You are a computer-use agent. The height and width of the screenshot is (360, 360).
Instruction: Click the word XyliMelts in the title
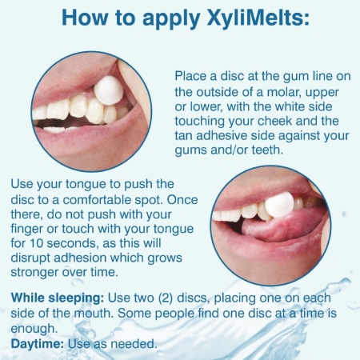[258, 18]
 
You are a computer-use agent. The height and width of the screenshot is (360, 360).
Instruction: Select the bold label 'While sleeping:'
[58, 298]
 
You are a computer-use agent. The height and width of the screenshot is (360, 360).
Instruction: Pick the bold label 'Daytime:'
[38, 344]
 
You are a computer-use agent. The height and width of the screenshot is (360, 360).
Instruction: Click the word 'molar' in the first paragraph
[284, 92]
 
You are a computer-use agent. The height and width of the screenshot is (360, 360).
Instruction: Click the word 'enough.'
[34, 329]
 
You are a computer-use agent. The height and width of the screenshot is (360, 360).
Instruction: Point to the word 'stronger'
[34, 273]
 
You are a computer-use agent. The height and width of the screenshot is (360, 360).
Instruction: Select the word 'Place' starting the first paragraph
[190, 76]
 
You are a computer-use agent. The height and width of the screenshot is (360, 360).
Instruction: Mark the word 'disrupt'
[30, 258]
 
